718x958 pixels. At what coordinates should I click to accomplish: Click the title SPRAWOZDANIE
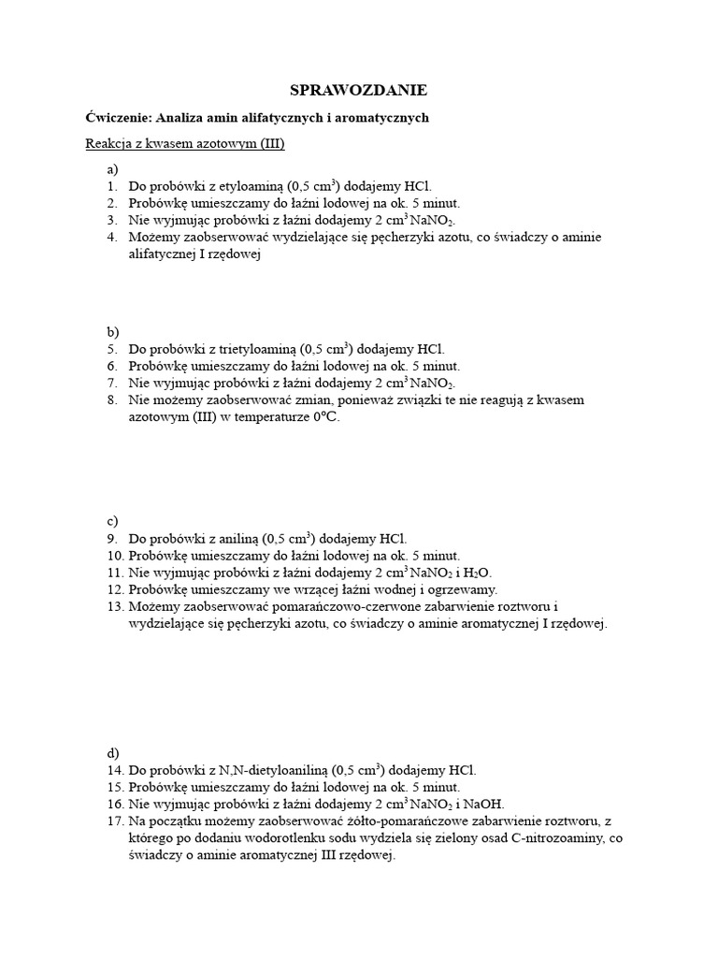pyautogui.click(x=358, y=91)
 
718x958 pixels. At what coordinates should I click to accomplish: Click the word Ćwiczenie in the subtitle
pyautogui.click(x=119, y=118)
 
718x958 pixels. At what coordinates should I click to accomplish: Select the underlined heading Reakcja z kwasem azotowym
pyautogui.click(x=184, y=144)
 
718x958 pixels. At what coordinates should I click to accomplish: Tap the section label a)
pyautogui.click(x=112, y=169)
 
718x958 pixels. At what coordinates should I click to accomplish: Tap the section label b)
pyautogui.click(x=113, y=332)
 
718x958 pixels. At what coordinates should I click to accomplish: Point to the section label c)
pyautogui.click(x=112, y=520)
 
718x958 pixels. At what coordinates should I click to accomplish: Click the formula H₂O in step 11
pyautogui.click(x=477, y=573)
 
